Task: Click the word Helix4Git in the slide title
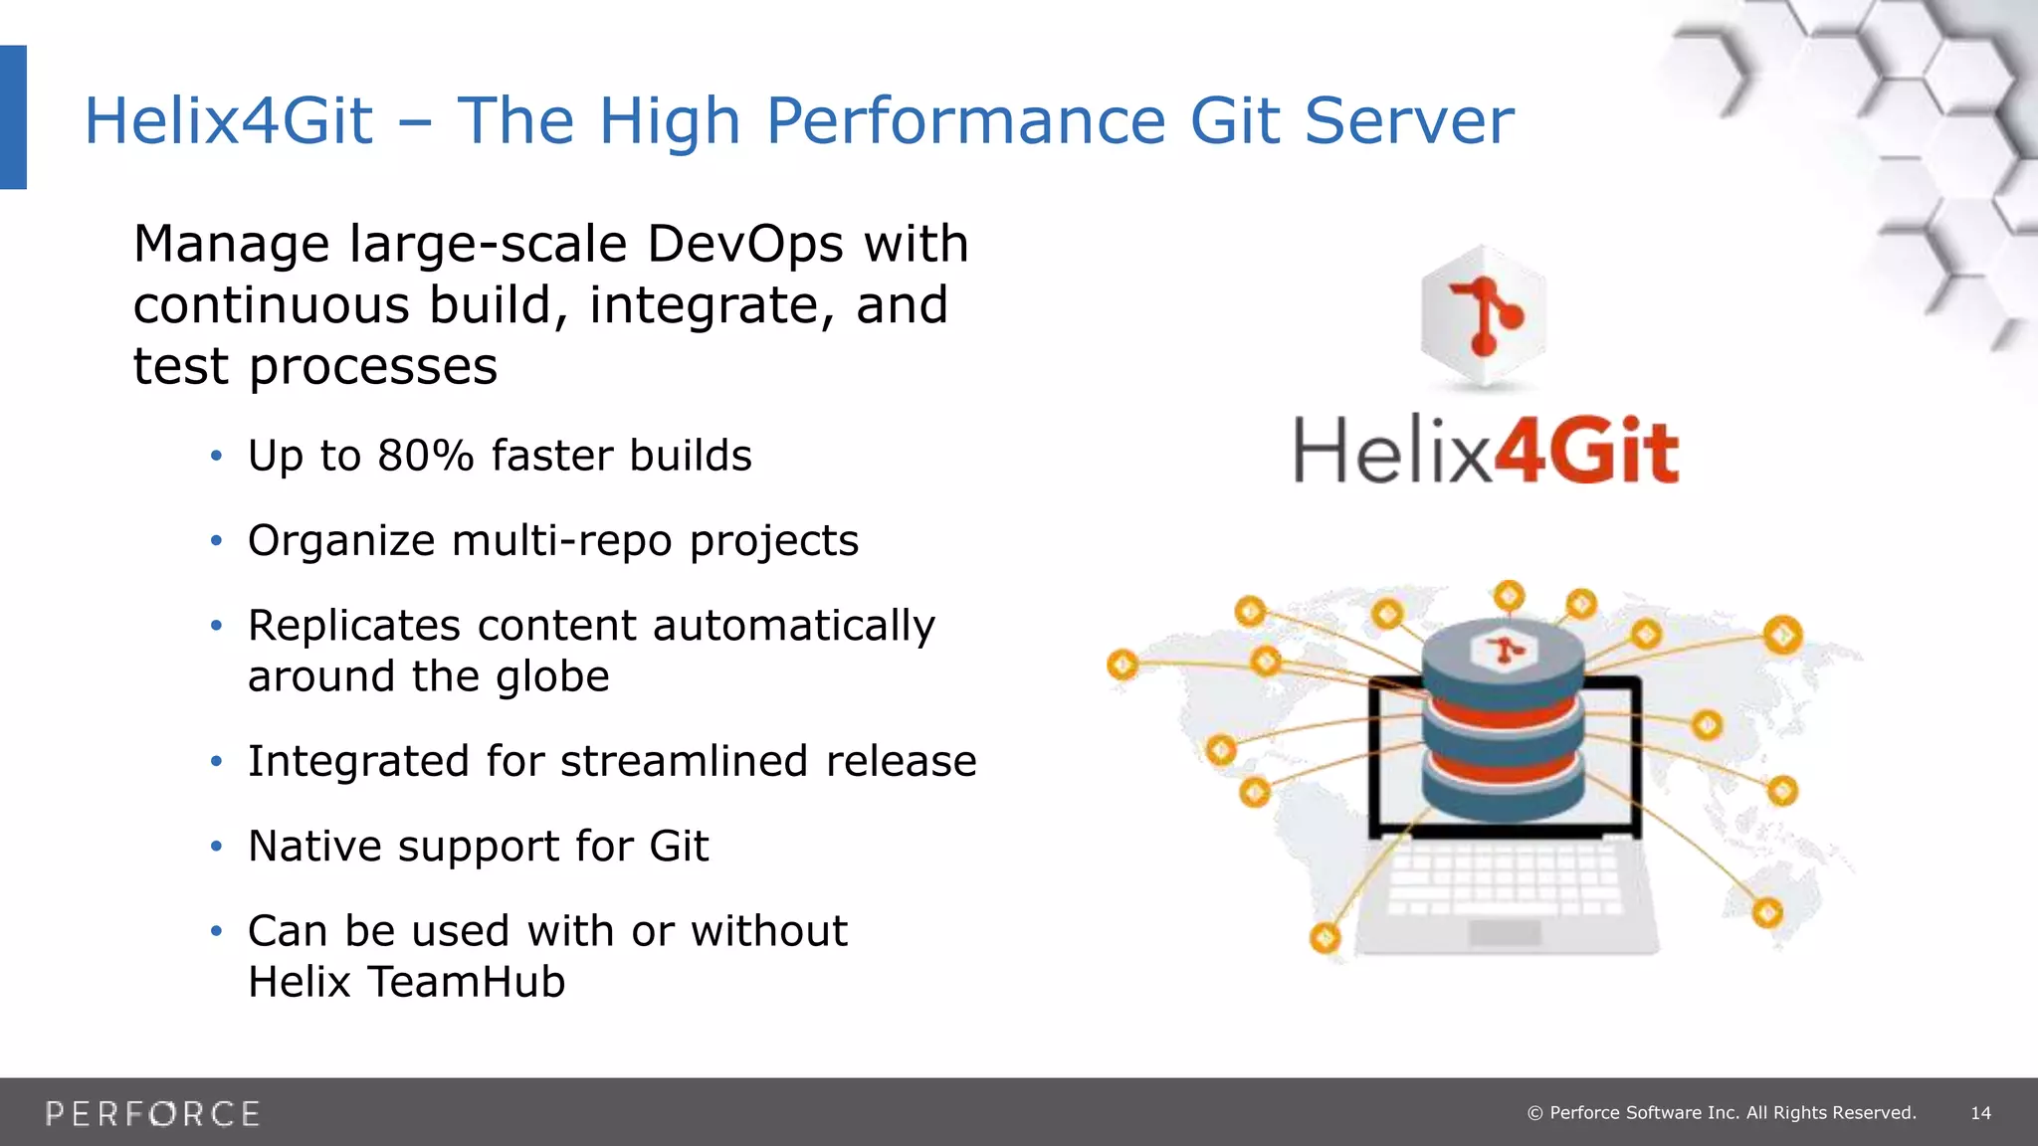click(x=228, y=121)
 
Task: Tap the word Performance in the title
click(x=964, y=121)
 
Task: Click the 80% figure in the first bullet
click(x=425, y=456)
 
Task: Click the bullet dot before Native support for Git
click(x=216, y=847)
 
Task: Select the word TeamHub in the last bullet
click(x=466, y=982)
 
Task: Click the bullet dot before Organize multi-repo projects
click(x=216, y=541)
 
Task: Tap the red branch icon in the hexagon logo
click(x=1484, y=315)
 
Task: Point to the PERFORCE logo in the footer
click(x=152, y=1113)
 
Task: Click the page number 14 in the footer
click(x=1980, y=1113)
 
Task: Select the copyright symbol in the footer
click(x=1534, y=1113)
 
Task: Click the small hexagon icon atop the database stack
click(x=1504, y=652)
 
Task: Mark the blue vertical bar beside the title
click(x=13, y=116)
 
